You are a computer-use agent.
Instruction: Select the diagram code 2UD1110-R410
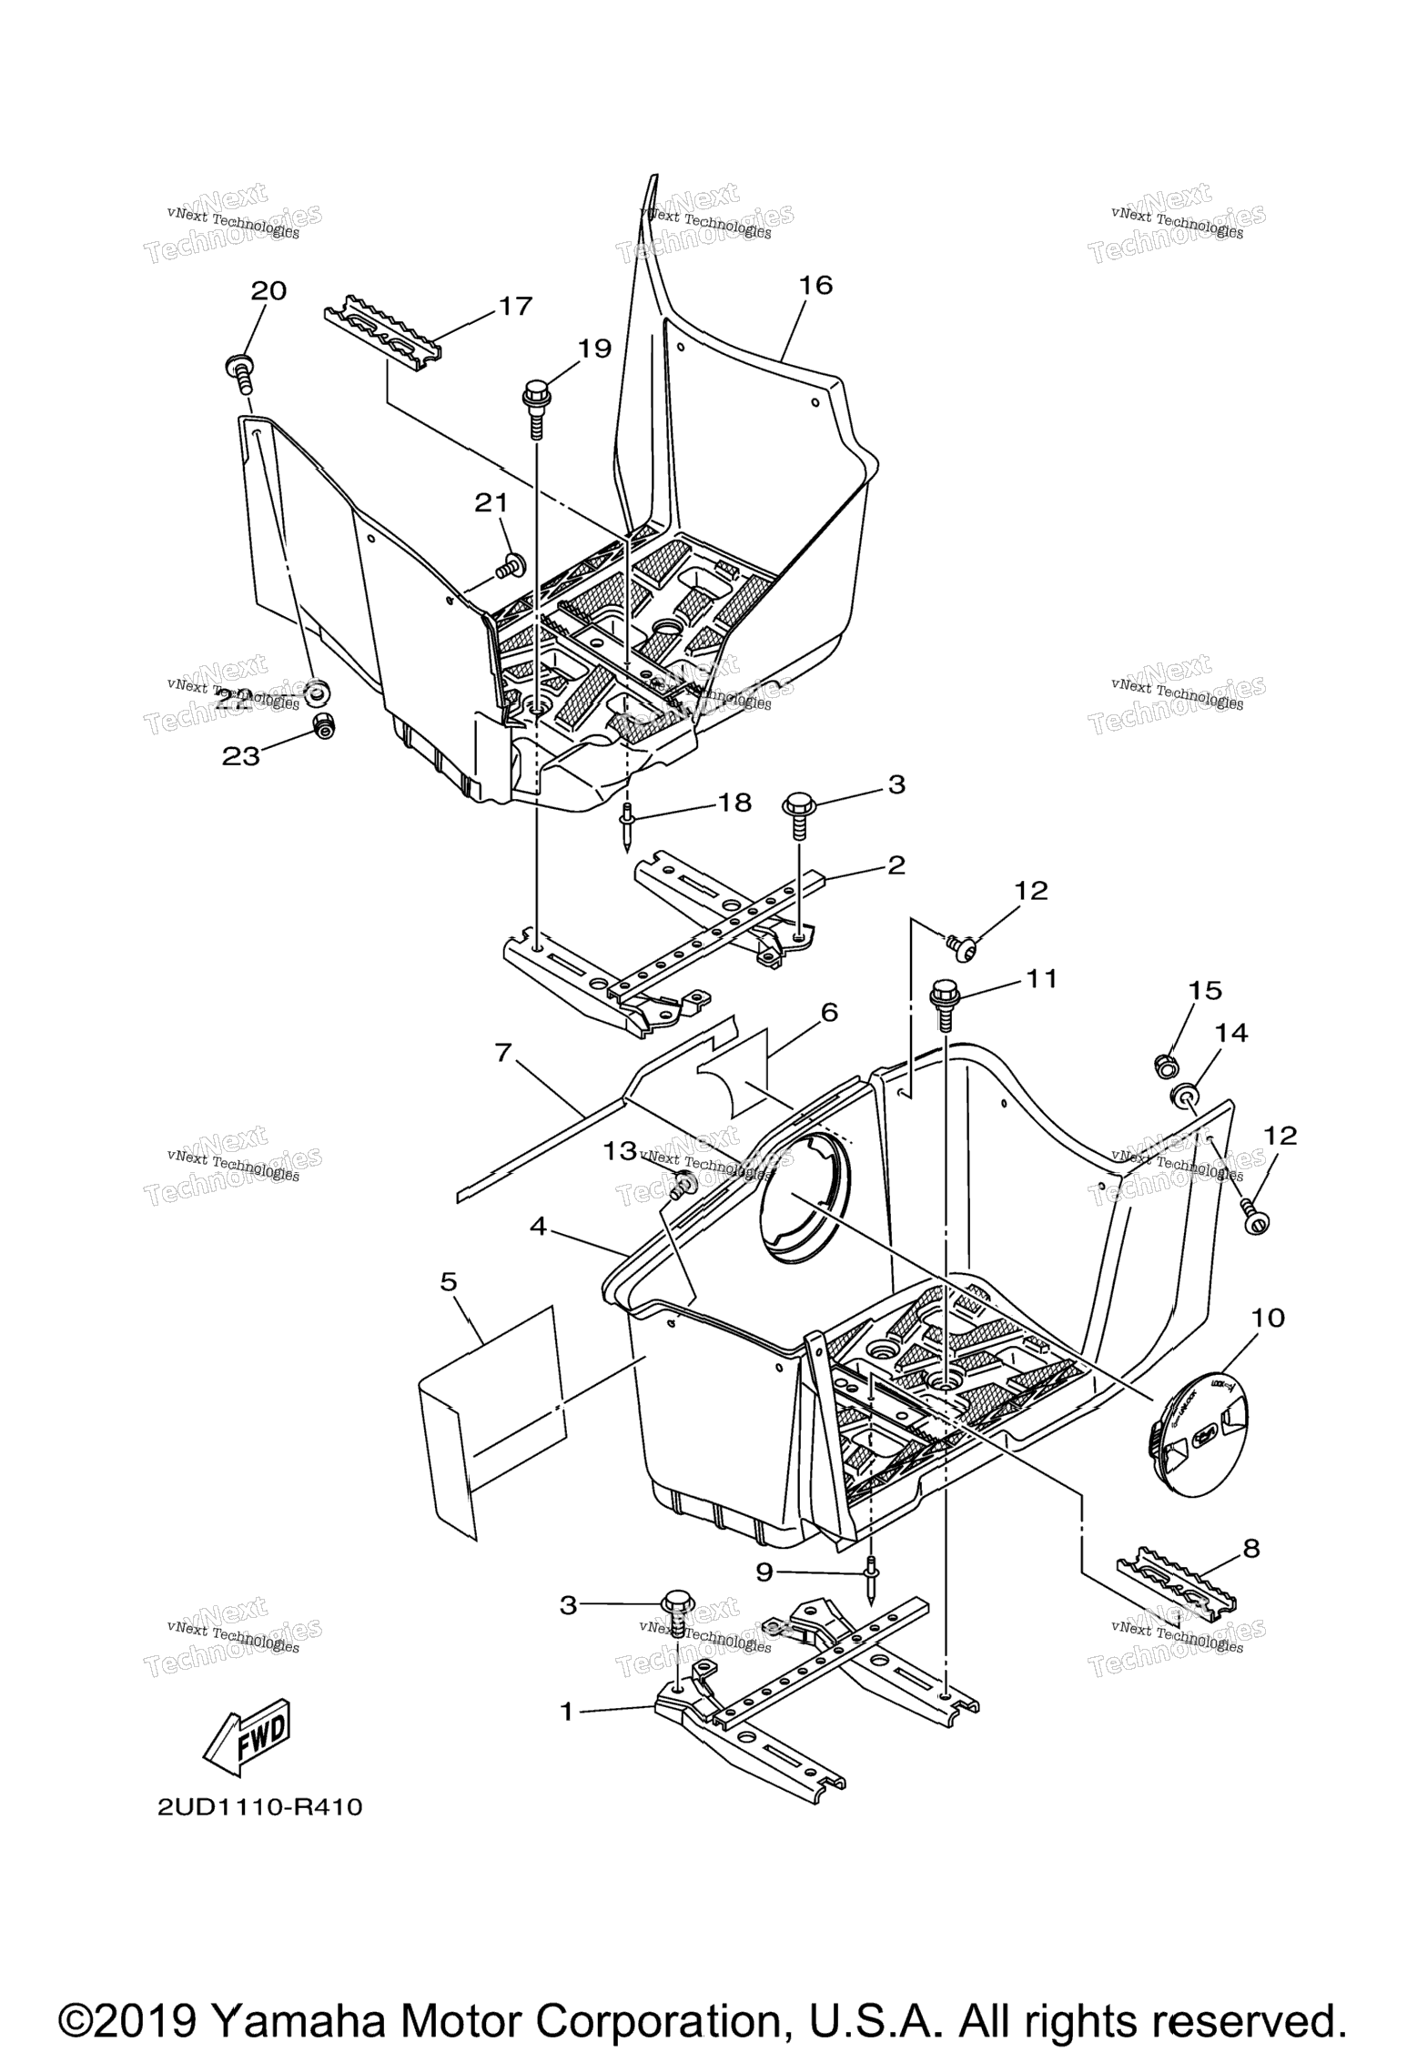260,1807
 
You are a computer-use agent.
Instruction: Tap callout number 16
815,286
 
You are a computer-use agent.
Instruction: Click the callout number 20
268,290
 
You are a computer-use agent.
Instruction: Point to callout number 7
502,1054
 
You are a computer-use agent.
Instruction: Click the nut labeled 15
1163,1062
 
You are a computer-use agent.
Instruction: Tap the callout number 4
538,1228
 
